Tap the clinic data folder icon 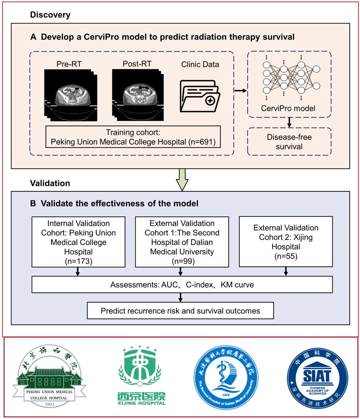pyautogui.click(x=200, y=96)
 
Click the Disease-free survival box pyautogui.click(x=289, y=142)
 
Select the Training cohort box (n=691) pyautogui.click(x=133, y=137)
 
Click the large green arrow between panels pyautogui.click(x=182, y=179)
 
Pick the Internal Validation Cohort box pyautogui.click(x=78, y=242)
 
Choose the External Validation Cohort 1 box pyautogui.click(x=182, y=242)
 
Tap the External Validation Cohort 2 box pyautogui.click(x=286, y=242)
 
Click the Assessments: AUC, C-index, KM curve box pyautogui.click(x=182, y=285)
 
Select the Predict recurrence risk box pyautogui.click(x=180, y=311)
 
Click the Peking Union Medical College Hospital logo pyautogui.click(x=49, y=376)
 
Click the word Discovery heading pyautogui.click(x=50, y=15)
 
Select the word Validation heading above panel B pyautogui.click(x=50, y=183)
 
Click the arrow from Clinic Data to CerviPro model pyautogui.click(x=240, y=91)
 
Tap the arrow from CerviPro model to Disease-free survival pyautogui.click(x=289, y=123)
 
